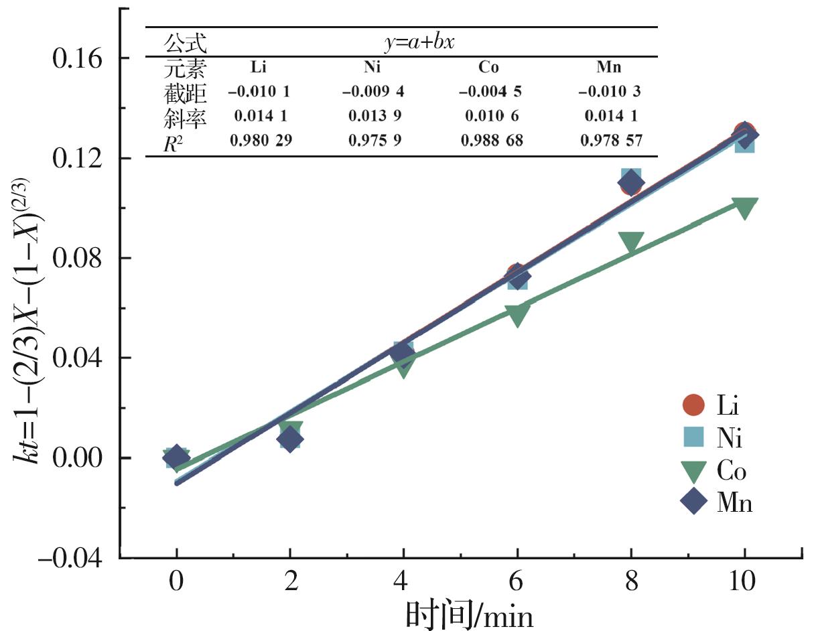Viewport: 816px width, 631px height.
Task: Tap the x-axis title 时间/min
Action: pos(469,613)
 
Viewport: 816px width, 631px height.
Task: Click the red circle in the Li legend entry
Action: pos(693,405)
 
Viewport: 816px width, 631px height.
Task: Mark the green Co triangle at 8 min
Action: pos(630,242)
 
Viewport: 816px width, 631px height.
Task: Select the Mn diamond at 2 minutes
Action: pos(290,439)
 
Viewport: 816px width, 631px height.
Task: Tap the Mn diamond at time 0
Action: pos(176,457)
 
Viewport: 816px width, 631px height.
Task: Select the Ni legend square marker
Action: pos(693,439)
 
